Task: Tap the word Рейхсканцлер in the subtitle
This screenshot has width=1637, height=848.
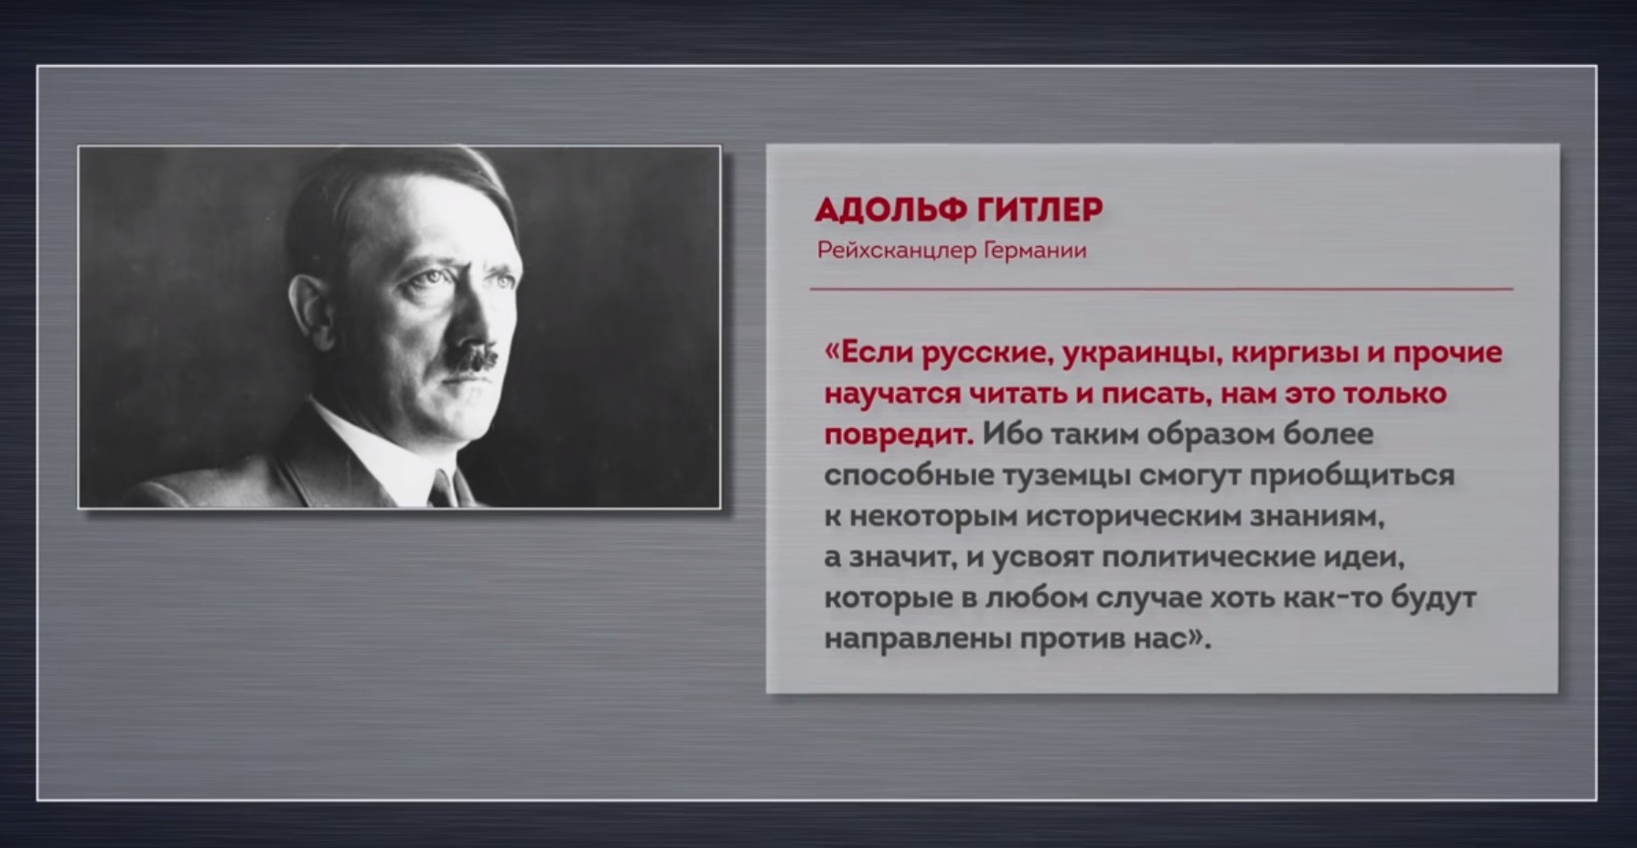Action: [897, 251]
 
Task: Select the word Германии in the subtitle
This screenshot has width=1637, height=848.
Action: [1035, 251]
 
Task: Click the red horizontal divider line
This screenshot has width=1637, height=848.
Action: [1161, 289]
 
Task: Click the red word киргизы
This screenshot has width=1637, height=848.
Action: [1295, 353]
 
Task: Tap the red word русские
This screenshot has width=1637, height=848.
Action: [985, 353]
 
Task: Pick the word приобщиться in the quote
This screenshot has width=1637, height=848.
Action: [1352, 476]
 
